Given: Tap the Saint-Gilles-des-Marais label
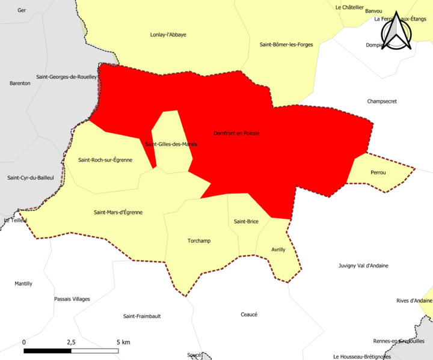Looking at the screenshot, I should [x=171, y=144].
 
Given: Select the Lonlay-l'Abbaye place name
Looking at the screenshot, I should [x=168, y=34].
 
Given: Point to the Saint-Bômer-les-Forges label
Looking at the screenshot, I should [x=286, y=44].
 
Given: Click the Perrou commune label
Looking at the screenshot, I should [x=378, y=172].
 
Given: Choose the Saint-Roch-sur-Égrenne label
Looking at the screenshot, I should [x=106, y=160].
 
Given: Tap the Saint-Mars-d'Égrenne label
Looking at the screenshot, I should [x=118, y=212].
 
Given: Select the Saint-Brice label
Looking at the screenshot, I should [x=246, y=222].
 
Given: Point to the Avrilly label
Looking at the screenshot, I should [x=278, y=249].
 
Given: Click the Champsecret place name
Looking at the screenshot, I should [x=382, y=102].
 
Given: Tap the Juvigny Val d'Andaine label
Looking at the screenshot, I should [x=363, y=266].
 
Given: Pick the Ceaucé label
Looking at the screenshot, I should [x=249, y=314].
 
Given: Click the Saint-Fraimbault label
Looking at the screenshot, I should [x=142, y=316].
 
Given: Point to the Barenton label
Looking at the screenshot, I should [x=20, y=83].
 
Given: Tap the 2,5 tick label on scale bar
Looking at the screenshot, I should [x=71, y=342].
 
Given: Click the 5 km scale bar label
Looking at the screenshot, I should [x=124, y=342].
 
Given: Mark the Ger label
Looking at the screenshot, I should [x=22, y=10].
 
